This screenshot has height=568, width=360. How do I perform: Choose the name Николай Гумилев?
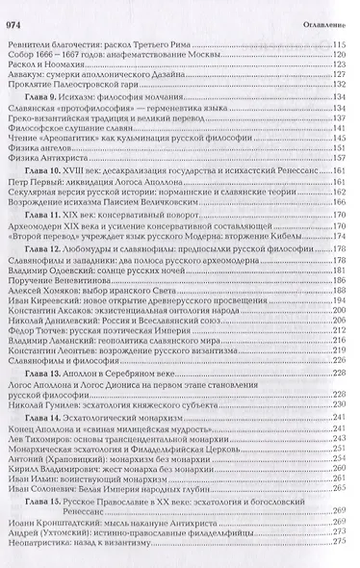click(45, 407)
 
